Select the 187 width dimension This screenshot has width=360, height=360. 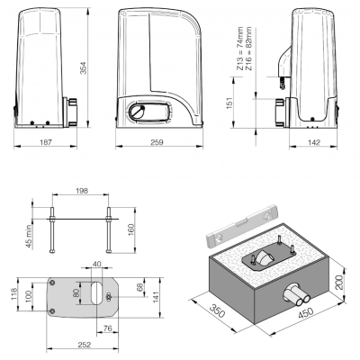46,142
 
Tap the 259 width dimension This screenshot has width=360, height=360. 157,142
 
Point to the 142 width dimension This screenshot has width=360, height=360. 314,142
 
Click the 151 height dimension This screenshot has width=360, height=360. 229,103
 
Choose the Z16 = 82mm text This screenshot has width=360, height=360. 248,49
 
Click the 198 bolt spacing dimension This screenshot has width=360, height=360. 82,191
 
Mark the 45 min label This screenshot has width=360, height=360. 29,237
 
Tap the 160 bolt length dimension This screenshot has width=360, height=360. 131,229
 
